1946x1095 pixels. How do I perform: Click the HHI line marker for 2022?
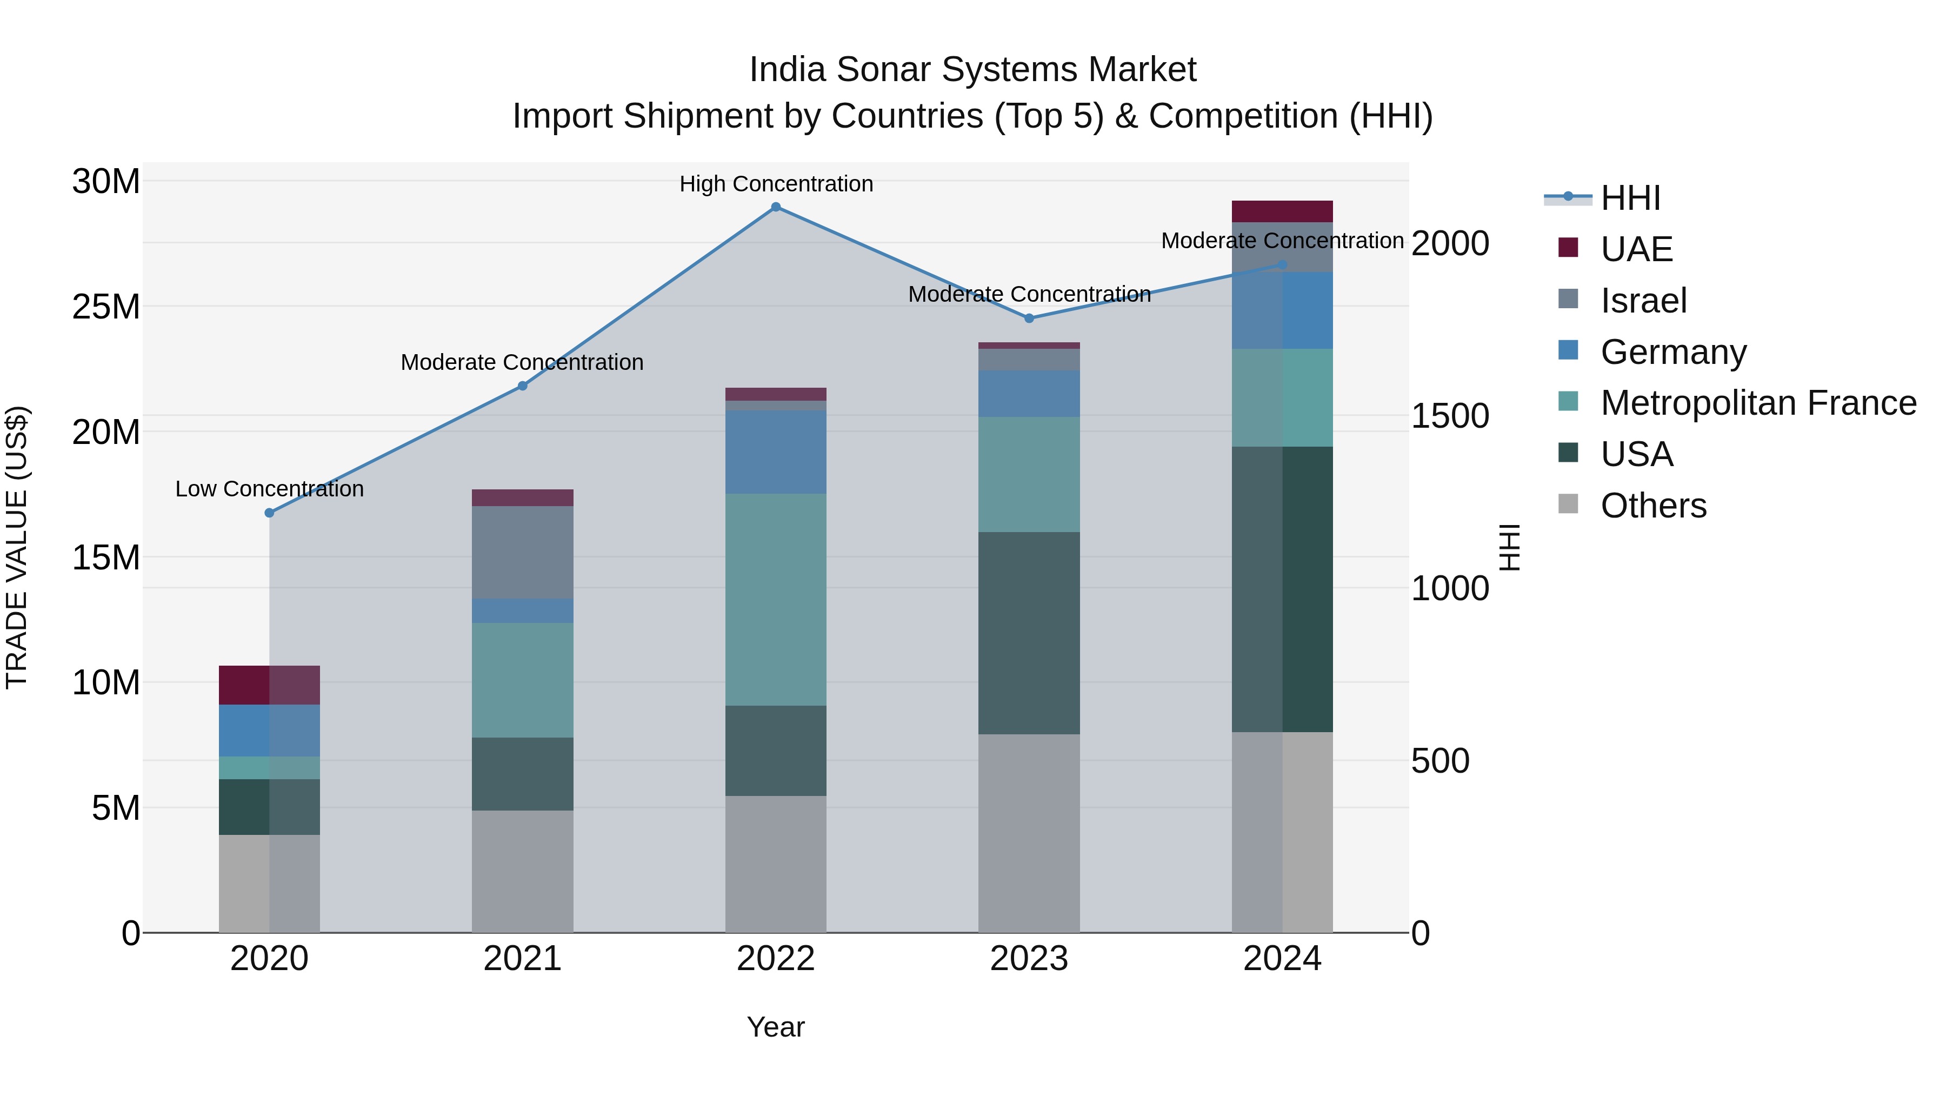(x=775, y=207)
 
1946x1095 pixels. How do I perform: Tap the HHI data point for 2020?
(x=270, y=513)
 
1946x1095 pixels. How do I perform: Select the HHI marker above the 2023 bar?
(x=1029, y=318)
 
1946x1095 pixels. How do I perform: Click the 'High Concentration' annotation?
(x=776, y=184)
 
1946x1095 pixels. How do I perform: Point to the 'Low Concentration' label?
(x=270, y=489)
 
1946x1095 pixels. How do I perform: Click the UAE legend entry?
(x=1636, y=249)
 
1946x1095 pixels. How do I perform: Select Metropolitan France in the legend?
(x=1758, y=403)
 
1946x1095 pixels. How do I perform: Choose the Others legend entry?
(x=1653, y=506)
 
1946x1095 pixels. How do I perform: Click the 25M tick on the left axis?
(x=106, y=307)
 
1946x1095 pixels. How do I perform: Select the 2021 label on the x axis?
(x=522, y=959)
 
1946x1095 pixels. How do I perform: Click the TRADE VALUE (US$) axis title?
(x=17, y=547)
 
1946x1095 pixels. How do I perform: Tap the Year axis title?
(x=776, y=1027)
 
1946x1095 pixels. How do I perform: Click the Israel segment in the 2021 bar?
(x=522, y=553)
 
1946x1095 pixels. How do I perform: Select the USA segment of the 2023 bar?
(x=1029, y=633)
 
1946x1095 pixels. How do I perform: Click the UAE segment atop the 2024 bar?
(x=1282, y=211)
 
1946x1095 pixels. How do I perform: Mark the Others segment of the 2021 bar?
(x=522, y=871)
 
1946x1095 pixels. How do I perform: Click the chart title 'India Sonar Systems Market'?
(x=972, y=70)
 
